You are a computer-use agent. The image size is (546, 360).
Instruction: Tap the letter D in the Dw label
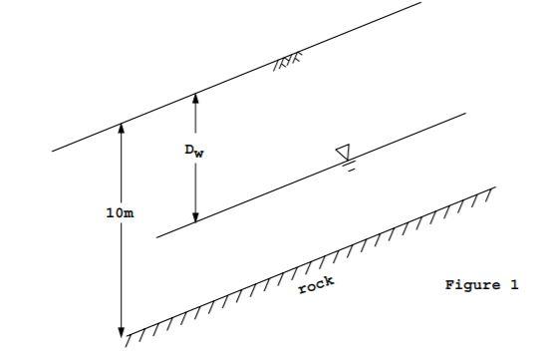(187, 150)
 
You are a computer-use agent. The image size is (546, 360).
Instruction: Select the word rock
(317, 285)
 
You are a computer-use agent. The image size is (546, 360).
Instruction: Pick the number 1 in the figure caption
(514, 285)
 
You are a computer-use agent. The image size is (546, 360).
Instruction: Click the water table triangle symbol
(344, 152)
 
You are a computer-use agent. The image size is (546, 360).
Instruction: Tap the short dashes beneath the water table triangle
(350, 168)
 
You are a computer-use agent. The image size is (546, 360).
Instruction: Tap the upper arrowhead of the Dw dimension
(196, 99)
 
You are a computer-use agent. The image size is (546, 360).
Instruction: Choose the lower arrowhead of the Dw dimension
(196, 216)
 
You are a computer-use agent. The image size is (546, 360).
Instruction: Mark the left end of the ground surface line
(54, 151)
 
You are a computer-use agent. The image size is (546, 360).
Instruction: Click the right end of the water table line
(464, 113)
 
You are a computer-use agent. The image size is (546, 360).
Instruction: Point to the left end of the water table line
(157, 237)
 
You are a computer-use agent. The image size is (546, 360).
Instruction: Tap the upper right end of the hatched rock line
(494, 186)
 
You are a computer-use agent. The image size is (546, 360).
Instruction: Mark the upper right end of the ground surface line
(420, 3)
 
